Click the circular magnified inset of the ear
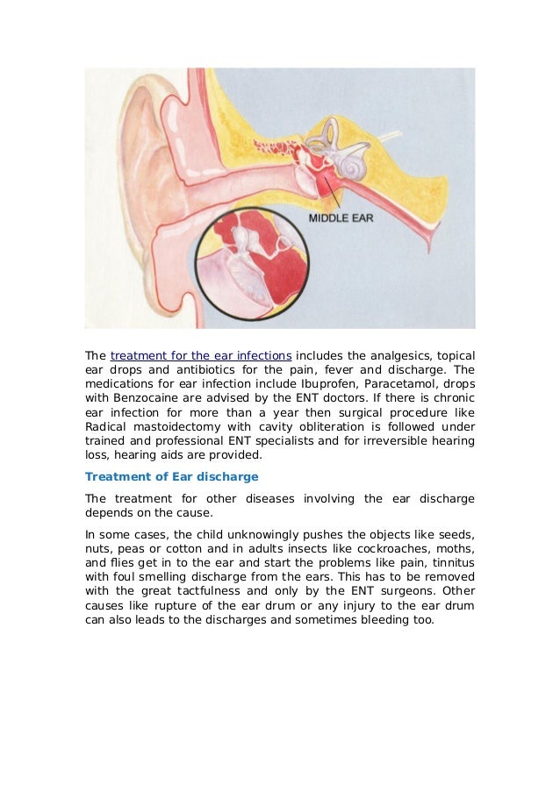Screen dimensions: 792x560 click(x=250, y=268)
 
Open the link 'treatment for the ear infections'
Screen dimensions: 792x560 click(x=201, y=356)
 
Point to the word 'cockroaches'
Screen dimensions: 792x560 click(x=400, y=546)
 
